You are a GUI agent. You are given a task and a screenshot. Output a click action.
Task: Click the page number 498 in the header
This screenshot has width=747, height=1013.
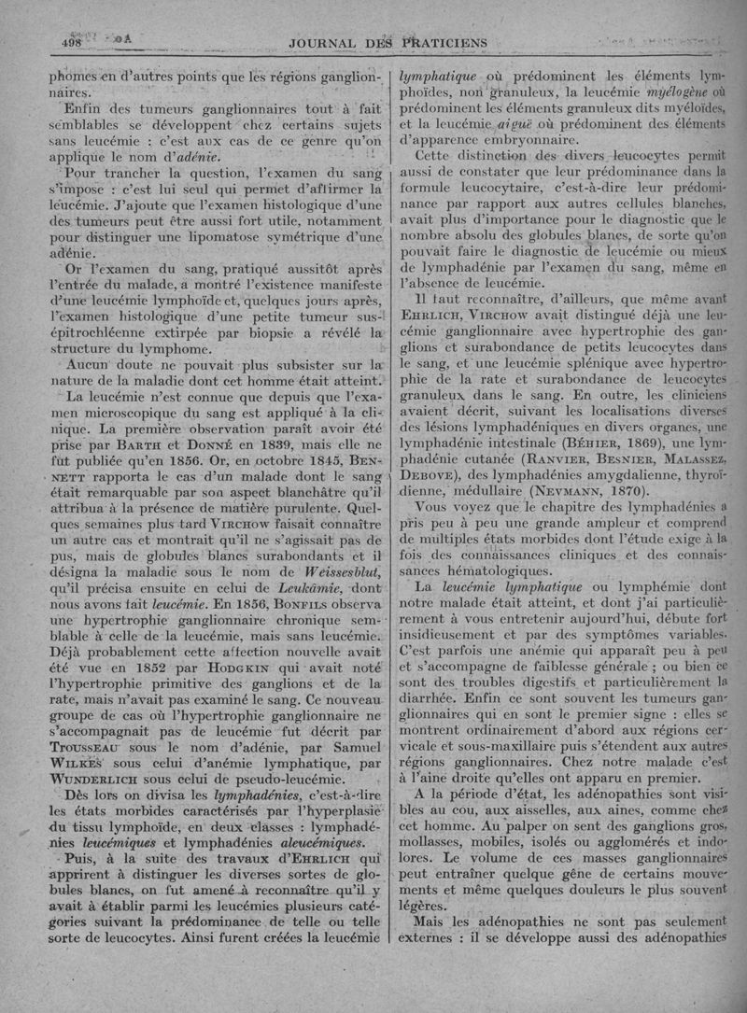72,42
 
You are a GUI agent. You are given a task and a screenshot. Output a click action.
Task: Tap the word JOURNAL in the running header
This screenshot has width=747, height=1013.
331,44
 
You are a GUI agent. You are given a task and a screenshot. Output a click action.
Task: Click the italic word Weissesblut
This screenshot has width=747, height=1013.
323,569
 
